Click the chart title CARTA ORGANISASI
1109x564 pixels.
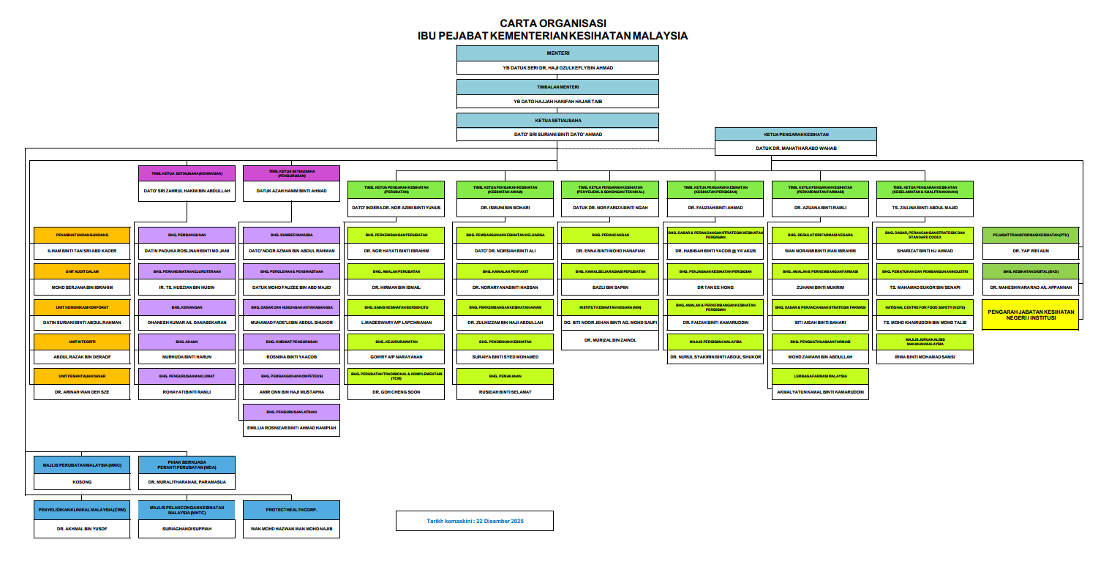point(553,23)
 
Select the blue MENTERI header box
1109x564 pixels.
point(557,53)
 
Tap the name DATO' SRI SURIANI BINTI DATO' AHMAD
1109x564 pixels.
point(557,135)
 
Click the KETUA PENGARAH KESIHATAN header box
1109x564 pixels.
point(796,135)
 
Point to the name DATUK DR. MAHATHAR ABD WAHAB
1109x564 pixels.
point(796,148)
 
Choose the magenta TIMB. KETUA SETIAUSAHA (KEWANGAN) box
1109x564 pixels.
point(187,173)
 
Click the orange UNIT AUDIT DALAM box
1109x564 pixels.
point(82,271)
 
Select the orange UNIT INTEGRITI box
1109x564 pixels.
point(82,342)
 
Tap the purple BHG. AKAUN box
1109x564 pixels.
point(187,342)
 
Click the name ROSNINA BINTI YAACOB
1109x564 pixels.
point(292,357)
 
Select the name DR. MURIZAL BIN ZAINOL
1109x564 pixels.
point(609,340)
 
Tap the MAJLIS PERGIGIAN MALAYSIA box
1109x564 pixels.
point(715,342)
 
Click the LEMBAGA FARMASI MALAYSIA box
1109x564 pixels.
point(820,377)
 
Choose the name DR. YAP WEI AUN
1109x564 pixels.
point(1030,251)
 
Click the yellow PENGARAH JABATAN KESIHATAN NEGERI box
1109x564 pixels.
point(1030,315)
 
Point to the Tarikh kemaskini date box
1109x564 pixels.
point(475,521)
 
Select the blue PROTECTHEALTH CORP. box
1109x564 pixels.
point(292,510)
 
